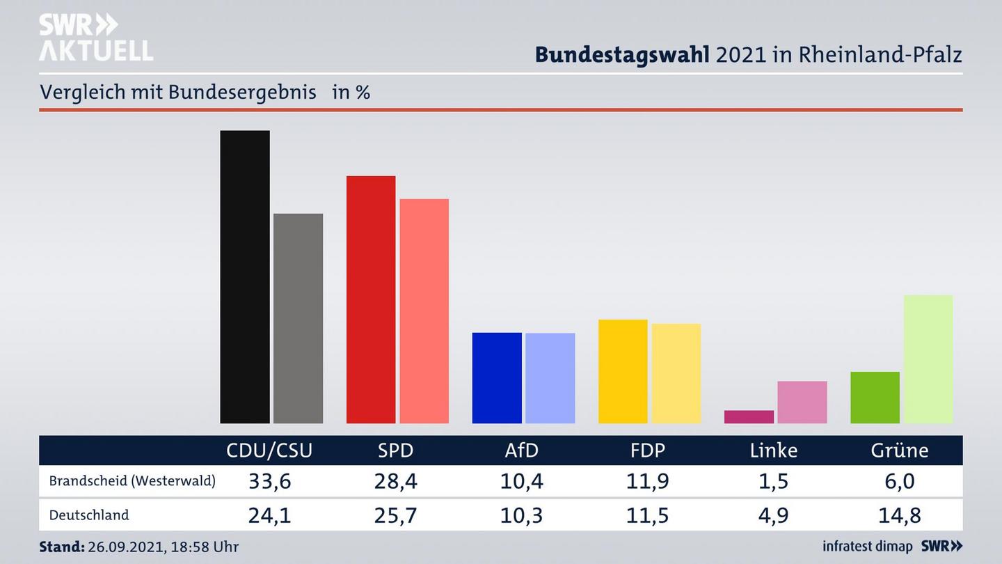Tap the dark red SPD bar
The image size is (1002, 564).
click(x=371, y=299)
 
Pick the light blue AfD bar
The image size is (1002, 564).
click(x=550, y=378)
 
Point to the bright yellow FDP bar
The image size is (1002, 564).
click(x=623, y=371)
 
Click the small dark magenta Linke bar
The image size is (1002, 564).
click(x=749, y=416)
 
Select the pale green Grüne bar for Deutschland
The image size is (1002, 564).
click(x=928, y=359)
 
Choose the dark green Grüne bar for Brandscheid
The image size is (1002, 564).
click(x=875, y=398)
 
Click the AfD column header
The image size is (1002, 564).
click(x=521, y=451)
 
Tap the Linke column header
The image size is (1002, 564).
click(x=773, y=451)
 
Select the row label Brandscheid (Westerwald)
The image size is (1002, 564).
click(x=132, y=481)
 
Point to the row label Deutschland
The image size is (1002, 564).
click(x=89, y=515)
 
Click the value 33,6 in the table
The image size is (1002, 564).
click(x=269, y=481)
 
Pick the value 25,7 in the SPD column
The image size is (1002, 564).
click(x=395, y=515)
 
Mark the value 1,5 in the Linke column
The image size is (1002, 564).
click(x=773, y=481)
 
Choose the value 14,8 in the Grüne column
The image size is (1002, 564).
click(x=900, y=515)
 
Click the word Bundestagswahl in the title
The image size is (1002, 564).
click(x=622, y=54)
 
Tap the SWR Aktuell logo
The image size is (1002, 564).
click(x=95, y=38)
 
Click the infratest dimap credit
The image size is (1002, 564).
click(x=867, y=547)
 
